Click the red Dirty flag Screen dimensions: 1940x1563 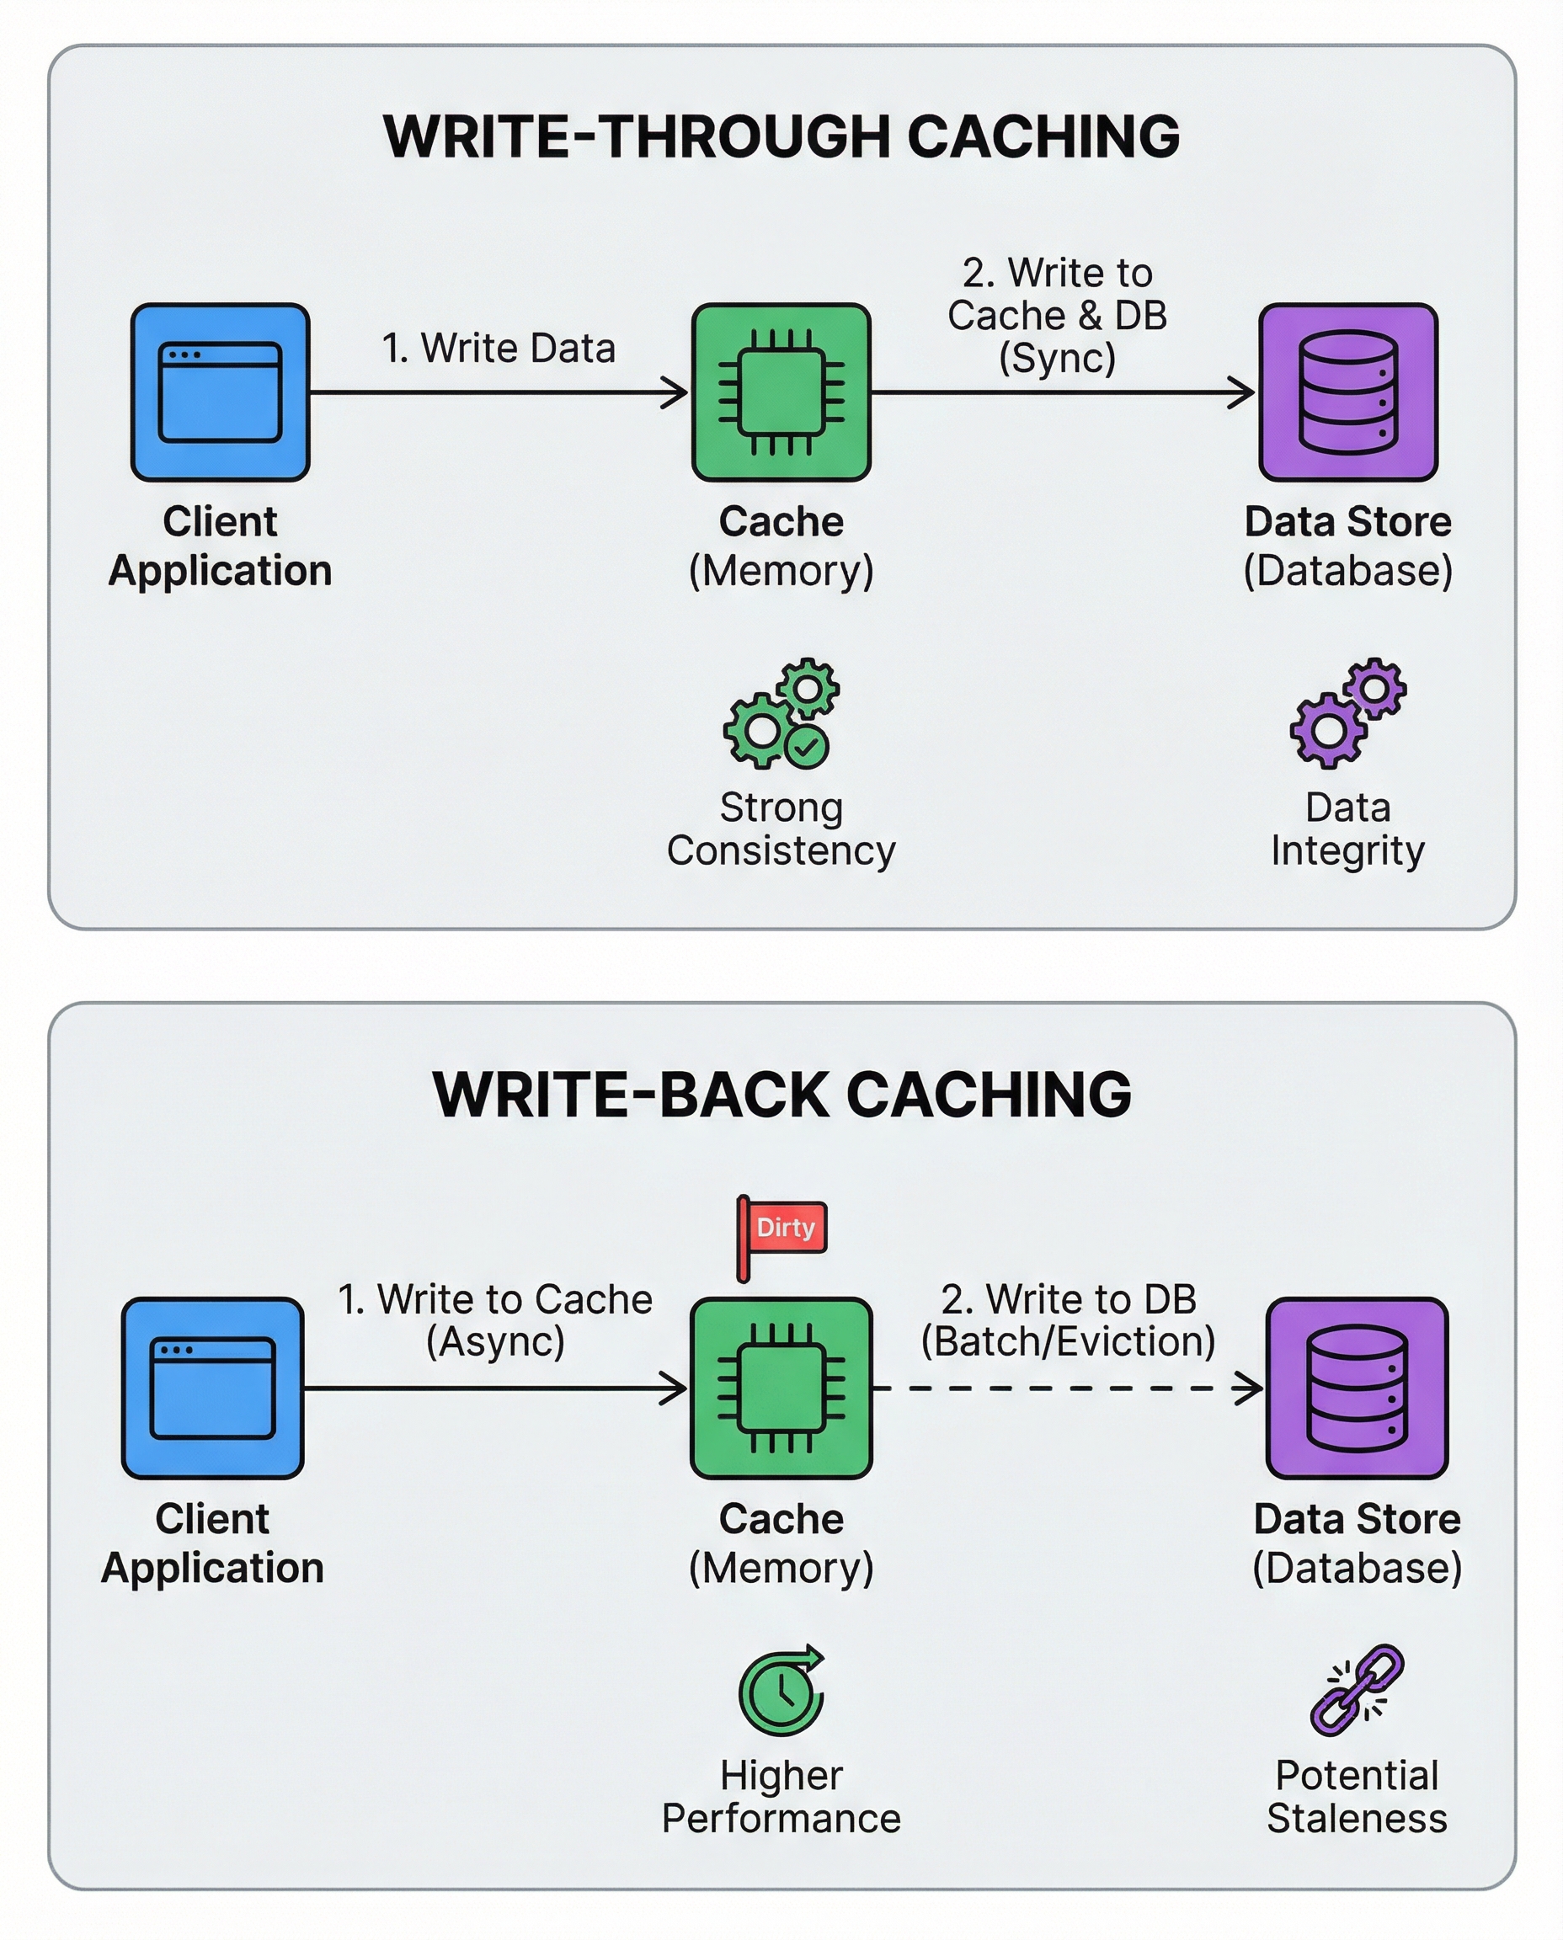click(784, 1228)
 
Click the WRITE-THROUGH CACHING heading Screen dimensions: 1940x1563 click(781, 137)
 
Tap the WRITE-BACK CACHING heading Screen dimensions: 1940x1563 click(781, 1095)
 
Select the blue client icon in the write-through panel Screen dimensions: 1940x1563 click(221, 392)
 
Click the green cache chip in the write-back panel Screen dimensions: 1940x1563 click(781, 1388)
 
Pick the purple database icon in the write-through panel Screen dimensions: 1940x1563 click(1347, 392)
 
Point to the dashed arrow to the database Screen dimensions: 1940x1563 click(1068, 1388)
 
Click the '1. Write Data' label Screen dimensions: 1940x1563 click(498, 349)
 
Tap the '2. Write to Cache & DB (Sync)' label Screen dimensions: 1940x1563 click(1057, 315)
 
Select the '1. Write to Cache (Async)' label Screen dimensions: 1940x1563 click(495, 1319)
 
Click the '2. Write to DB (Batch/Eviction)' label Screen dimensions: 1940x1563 click(1068, 1319)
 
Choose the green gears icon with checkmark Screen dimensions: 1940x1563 click(781, 713)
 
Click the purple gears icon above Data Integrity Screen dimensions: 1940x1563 click(1347, 713)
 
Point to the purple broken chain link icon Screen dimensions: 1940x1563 click(1356, 1690)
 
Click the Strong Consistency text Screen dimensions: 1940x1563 click(781, 829)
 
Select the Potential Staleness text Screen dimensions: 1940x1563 click(1356, 1797)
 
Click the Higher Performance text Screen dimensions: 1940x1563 click(781, 1797)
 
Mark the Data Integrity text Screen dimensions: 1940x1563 click(1347, 829)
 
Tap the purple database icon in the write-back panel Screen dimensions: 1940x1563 click(1356, 1388)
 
